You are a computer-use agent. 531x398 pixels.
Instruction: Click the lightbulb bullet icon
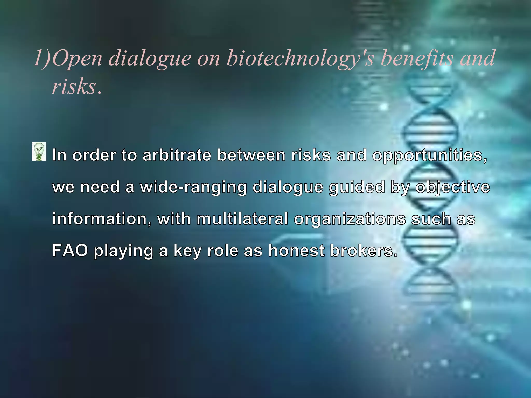click(x=39, y=152)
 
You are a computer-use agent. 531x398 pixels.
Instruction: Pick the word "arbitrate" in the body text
click(x=177, y=155)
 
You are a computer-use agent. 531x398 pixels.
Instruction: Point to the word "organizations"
click(x=350, y=219)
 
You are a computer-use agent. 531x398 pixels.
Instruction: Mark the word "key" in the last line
click(x=187, y=251)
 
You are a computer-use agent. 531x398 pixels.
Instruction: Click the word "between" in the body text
click(x=251, y=155)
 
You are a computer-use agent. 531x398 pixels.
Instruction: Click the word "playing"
click(x=123, y=251)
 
